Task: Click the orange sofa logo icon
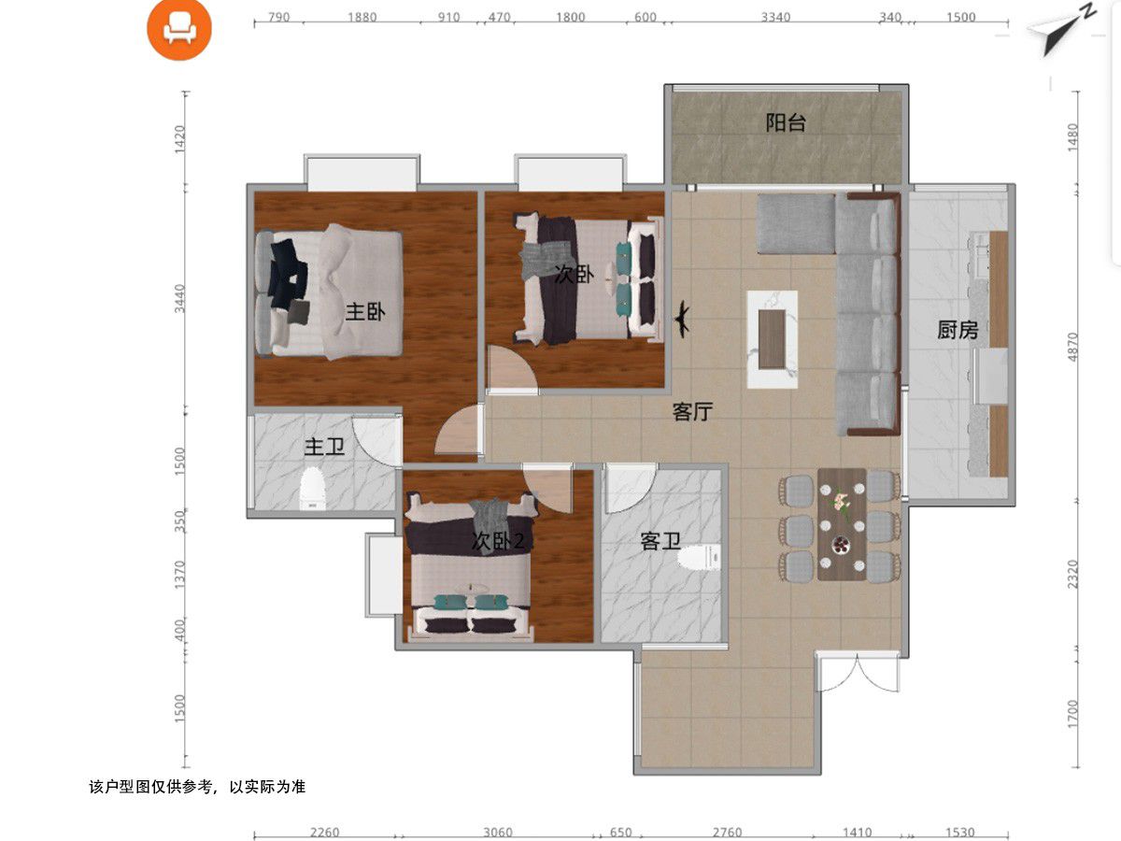[178, 30]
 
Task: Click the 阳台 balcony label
[786, 122]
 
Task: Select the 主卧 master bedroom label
[365, 311]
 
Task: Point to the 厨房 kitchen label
[958, 331]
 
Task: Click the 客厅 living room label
[692, 411]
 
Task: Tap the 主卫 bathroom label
[324, 447]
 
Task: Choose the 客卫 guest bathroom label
[660, 541]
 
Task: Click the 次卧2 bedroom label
[497, 541]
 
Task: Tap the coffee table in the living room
[773, 339]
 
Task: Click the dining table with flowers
[842, 524]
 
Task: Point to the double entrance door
[858, 673]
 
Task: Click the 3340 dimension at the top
[775, 18]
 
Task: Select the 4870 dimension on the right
[1072, 348]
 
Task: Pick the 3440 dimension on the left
[179, 299]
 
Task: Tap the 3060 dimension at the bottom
[497, 833]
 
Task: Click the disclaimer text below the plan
[197, 787]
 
